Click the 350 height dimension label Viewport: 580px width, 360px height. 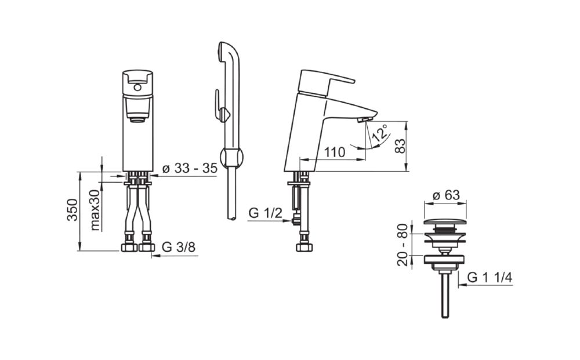click(73, 210)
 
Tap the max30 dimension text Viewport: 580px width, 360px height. click(96, 210)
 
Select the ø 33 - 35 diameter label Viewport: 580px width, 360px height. click(190, 168)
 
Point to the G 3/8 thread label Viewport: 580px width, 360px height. click(179, 247)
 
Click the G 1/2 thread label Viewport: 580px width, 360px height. click(266, 213)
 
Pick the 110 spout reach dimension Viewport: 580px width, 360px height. click(335, 152)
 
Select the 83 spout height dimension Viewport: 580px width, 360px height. click(400, 146)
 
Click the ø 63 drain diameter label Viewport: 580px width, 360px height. click(446, 195)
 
